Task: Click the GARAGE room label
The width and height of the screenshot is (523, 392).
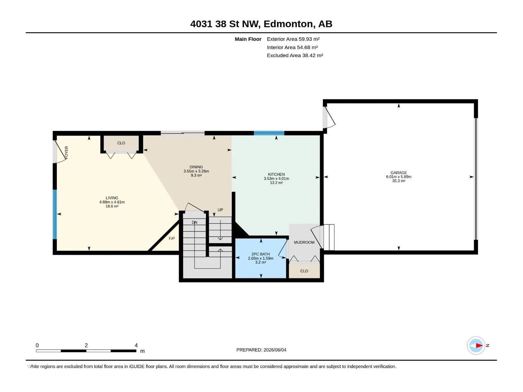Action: point(398,172)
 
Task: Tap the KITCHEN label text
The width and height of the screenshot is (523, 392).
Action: point(276,174)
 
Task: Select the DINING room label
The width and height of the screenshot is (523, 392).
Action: point(196,167)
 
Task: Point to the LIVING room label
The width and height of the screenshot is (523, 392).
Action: point(112,198)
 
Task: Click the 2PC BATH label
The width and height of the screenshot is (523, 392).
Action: point(261,254)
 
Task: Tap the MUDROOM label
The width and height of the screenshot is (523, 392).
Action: point(304,242)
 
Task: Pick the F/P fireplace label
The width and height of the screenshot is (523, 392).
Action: point(172,238)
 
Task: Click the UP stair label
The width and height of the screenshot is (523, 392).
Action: point(220,210)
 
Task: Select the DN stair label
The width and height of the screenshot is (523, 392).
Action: point(194,222)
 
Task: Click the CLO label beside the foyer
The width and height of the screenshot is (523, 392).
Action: point(121,143)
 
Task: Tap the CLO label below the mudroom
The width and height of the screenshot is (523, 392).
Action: point(304,271)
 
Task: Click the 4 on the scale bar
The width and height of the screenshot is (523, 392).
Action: point(136,345)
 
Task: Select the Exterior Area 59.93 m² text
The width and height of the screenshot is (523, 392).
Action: point(293,39)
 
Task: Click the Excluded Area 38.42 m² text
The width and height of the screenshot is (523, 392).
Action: point(295,56)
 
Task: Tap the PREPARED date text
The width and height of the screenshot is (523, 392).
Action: point(261,350)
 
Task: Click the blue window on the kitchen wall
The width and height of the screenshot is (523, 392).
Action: point(269,133)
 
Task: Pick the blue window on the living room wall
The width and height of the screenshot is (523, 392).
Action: point(55,214)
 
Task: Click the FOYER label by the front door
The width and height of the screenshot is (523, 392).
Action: point(66,153)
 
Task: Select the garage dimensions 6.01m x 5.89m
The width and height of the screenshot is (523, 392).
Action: point(398,177)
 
